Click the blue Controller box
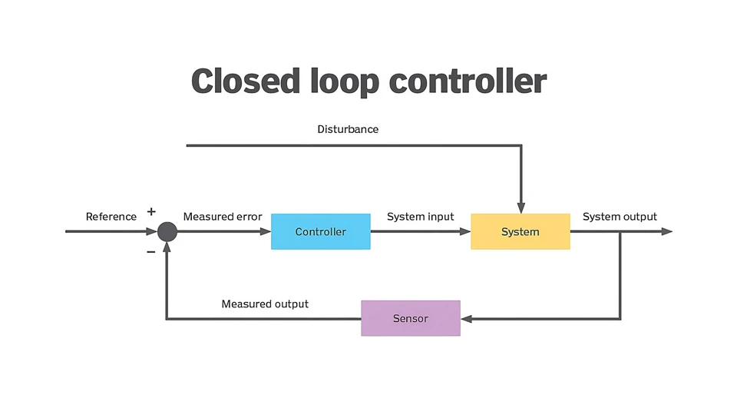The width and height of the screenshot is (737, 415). click(320, 231)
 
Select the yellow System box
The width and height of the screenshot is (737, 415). click(520, 231)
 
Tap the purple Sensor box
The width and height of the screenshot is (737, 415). click(410, 318)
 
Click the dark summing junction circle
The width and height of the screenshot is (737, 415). click(167, 231)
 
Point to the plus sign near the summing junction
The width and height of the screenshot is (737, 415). click(151, 211)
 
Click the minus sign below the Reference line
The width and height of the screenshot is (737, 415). click(151, 251)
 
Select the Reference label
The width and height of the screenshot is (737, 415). click(111, 217)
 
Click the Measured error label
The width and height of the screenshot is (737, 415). click(223, 217)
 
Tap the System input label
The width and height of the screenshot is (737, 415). click(420, 217)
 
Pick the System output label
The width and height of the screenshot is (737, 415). click(620, 217)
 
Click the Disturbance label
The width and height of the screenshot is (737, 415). click(348, 129)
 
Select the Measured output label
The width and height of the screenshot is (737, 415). click(265, 304)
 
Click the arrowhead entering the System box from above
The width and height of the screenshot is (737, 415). click(521, 207)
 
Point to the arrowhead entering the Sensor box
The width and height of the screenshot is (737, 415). click(466, 318)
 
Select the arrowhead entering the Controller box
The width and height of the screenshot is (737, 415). click(266, 231)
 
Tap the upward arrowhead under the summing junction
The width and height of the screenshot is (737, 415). click(167, 247)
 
